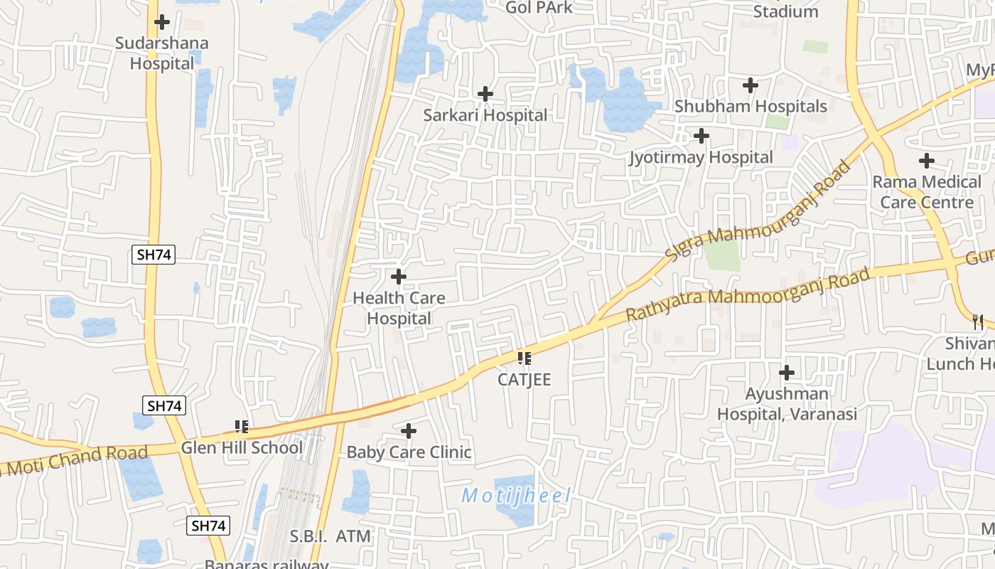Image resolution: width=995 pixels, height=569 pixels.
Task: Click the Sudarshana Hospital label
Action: coord(162,53)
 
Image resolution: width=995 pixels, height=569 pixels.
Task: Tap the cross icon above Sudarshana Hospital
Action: coord(162,22)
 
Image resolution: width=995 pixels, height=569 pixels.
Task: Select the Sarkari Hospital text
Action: coord(485,115)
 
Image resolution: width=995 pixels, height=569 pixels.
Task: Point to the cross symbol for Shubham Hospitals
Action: coord(750,85)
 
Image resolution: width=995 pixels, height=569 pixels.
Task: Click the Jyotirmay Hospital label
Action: coord(701,157)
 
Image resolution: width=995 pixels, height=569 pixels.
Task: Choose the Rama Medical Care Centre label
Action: coord(927,192)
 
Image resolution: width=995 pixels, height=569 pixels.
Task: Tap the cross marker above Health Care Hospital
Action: coord(399,276)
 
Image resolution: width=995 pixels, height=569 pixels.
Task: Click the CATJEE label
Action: coord(524,379)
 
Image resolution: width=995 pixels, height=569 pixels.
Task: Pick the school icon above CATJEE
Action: coord(524,358)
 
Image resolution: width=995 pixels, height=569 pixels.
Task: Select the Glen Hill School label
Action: coord(242,447)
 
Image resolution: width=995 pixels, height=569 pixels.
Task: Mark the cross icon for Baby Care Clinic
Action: coord(408,431)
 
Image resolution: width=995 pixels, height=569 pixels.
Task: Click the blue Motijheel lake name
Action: coord(516,496)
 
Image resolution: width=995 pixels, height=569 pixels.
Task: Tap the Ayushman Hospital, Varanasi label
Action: coord(787,403)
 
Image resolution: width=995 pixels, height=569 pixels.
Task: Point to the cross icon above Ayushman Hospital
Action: coord(787,372)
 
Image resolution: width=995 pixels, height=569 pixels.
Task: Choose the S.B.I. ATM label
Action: coord(330,536)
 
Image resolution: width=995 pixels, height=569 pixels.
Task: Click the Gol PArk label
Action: coord(539,7)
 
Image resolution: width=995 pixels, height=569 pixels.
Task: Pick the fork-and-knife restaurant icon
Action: coord(978,321)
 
